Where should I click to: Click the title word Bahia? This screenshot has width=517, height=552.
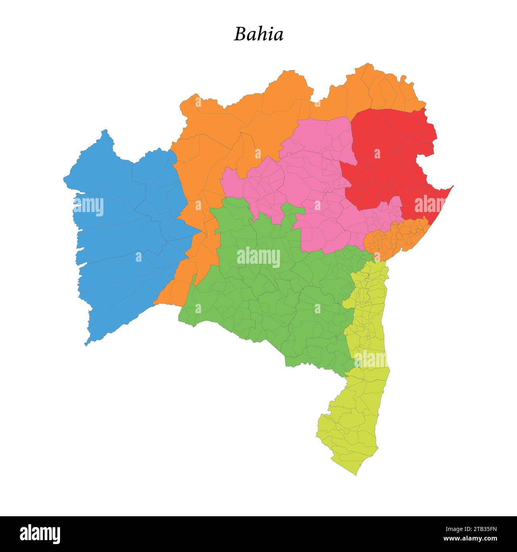[x=258, y=34]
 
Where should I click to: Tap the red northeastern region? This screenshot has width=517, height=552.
[x=390, y=159]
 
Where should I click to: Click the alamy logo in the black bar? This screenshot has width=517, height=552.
[x=40, y=534]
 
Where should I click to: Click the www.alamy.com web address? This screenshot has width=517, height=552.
[x=470, y=539]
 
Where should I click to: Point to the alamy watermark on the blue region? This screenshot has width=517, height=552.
[x=88, y=206]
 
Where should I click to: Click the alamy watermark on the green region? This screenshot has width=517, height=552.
[x=258, y=257]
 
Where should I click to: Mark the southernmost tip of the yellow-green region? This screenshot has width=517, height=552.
[x=356, y=475]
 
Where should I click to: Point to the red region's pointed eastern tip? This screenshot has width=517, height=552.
[x=453, y=186]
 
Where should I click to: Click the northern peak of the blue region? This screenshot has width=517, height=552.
[x=105, y=130]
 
